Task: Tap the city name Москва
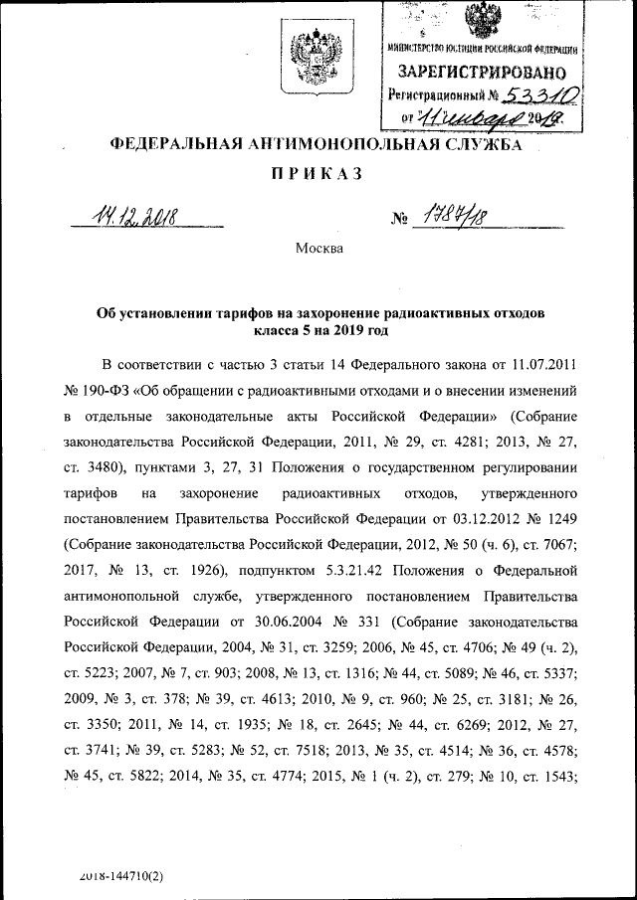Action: (x=318, y=248)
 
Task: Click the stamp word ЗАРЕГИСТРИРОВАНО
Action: (x=482, y=73)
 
